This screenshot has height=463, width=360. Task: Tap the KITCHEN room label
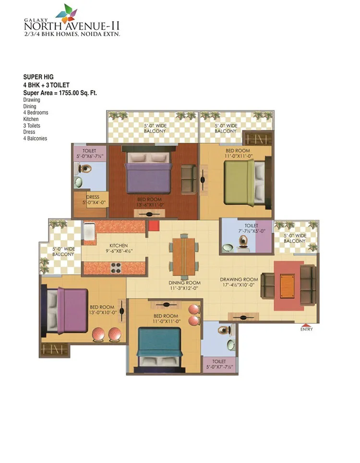tap(119, 245)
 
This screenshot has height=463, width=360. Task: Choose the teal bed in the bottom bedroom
tap(159, 348)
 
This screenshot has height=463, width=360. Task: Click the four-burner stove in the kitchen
tap(116, 268)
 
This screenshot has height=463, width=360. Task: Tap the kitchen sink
tap(89, 231)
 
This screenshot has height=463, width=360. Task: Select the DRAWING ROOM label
tap(239, 280)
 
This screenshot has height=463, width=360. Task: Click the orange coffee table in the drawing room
tap(287, 286)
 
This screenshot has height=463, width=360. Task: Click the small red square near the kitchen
tap(154, 226)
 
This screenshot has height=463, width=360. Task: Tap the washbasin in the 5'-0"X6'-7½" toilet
tap(79, 182)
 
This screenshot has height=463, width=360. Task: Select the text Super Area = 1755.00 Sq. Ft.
tap(60, 93)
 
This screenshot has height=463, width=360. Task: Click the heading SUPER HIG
tap(38, 77)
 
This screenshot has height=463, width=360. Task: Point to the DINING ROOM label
tap(184, 282)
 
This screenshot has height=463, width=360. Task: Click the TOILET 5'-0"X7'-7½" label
tap(219, 364)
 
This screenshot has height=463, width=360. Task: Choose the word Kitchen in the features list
tap(31, 119)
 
